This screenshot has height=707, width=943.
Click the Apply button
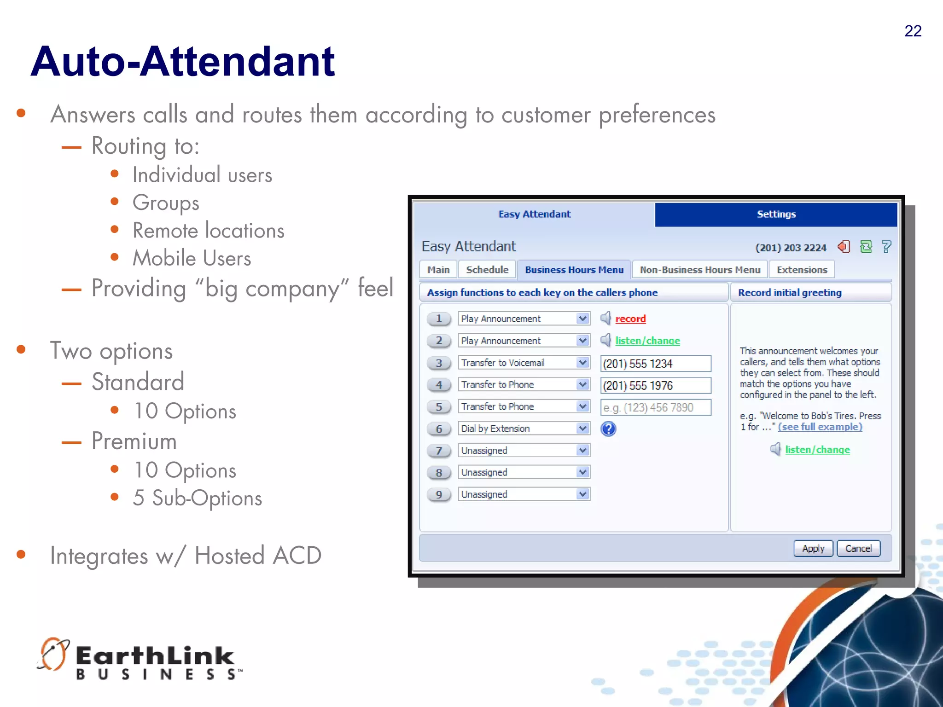click(x=813, y=548)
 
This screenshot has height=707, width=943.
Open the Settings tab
click(x=776, y=214)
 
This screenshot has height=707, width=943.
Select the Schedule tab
click(x=487, y=270)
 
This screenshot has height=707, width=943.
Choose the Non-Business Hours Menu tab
click(x=699, y=270)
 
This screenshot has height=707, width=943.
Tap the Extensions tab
click(x=802, y=270)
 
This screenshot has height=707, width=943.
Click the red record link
click(x=630, y=319)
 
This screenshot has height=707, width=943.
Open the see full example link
click(x=820, y=427)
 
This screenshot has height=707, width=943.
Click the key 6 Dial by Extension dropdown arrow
click(x=583, y=429)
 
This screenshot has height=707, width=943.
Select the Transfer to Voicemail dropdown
click(x=524, y=363)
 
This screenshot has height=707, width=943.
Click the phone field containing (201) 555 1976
click(x=655, y=385)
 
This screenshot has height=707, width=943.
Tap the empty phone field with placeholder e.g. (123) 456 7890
click(x=655, y=407)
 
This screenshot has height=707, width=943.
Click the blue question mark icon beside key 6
click(x=608, y=429)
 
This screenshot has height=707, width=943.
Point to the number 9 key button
click(x=439, y=494)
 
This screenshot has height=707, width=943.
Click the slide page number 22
click(x=913, y=31)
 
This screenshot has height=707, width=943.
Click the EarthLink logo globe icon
click(x=53, y=654)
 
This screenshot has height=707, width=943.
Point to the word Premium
click(x=134, y=440)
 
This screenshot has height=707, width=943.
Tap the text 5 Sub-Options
click(x=198, y=498)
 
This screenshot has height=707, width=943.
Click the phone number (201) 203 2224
click(x=791, y=248)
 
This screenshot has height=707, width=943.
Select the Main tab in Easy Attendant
click(x=438, y=270)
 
